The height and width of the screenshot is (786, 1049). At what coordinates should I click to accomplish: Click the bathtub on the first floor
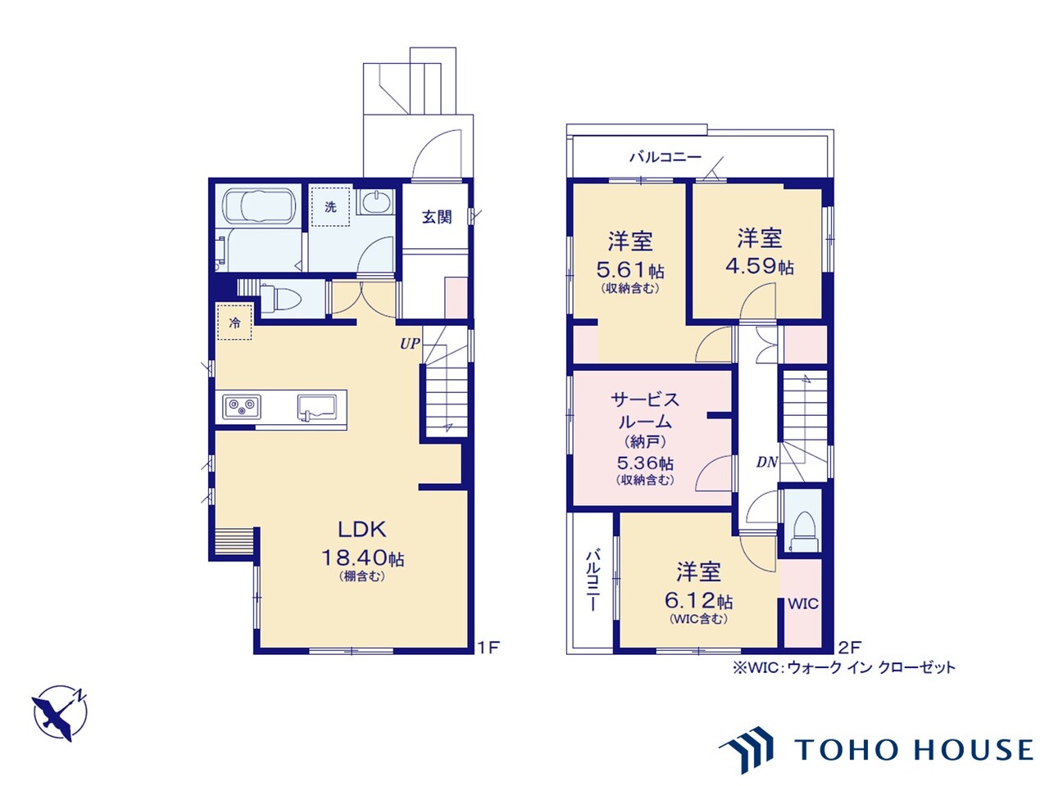click(x=261, y=206)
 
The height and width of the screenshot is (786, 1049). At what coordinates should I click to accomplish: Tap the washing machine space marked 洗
click(x=330, y=206)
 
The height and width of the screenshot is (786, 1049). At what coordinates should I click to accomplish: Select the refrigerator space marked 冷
click(x=234, y=322)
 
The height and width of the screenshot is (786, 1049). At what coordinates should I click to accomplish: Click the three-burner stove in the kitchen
click(x=241, y=407)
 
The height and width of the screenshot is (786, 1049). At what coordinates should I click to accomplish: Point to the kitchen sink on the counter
click(x=318, y=408)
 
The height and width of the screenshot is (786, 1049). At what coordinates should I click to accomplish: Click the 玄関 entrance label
click(x=437, y=217)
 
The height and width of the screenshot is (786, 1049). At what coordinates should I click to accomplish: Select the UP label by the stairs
click(x=410, y=344)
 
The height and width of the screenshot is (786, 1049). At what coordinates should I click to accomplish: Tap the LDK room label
click(x=362, y=529)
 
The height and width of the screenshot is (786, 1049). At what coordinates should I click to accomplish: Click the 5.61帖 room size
click(x=630, y=270)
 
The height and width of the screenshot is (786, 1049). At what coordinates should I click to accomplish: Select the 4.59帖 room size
click(x=760, y=266)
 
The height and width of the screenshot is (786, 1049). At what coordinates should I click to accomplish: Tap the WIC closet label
click(x=803, y=603)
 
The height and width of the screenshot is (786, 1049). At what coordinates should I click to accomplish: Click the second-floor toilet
click(x=803, y=532)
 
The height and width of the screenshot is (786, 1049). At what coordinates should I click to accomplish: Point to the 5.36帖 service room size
click(x=645, y=463)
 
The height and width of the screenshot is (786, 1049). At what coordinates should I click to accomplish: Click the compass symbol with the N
click(x=60, y=713)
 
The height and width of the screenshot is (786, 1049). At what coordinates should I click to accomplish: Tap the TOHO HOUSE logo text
click(x=914, y=750)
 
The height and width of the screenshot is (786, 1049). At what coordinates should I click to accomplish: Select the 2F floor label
click(x=849, y=647)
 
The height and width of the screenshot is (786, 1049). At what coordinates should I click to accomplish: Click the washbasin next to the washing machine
click(x=377, y=202)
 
